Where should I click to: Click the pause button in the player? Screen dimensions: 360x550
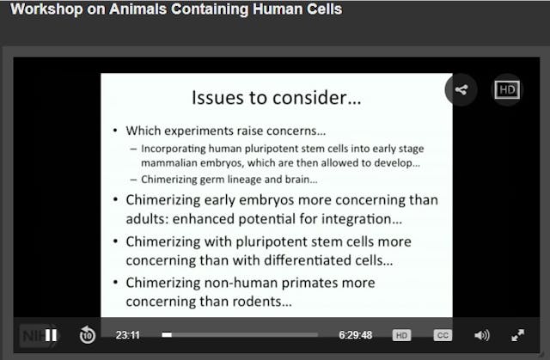(x=52, y=335)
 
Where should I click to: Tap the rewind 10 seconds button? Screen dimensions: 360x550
(x=87, y=335)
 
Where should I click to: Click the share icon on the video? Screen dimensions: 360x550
(x=461, y=90)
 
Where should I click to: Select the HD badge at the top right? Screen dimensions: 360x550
(x=507, y=90)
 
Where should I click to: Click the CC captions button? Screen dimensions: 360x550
(x=443, y=335)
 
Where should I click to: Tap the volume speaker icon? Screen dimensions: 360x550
(x=482, y=335)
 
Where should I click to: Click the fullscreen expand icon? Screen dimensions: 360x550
(x=518, y=335)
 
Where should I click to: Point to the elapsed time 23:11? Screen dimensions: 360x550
(x=128, y=335)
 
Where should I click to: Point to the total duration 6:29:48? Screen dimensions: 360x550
(x=354, y=335)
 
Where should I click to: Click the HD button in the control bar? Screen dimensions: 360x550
(x=401, y=335)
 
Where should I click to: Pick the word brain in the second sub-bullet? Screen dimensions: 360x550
(x=297, y=180)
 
